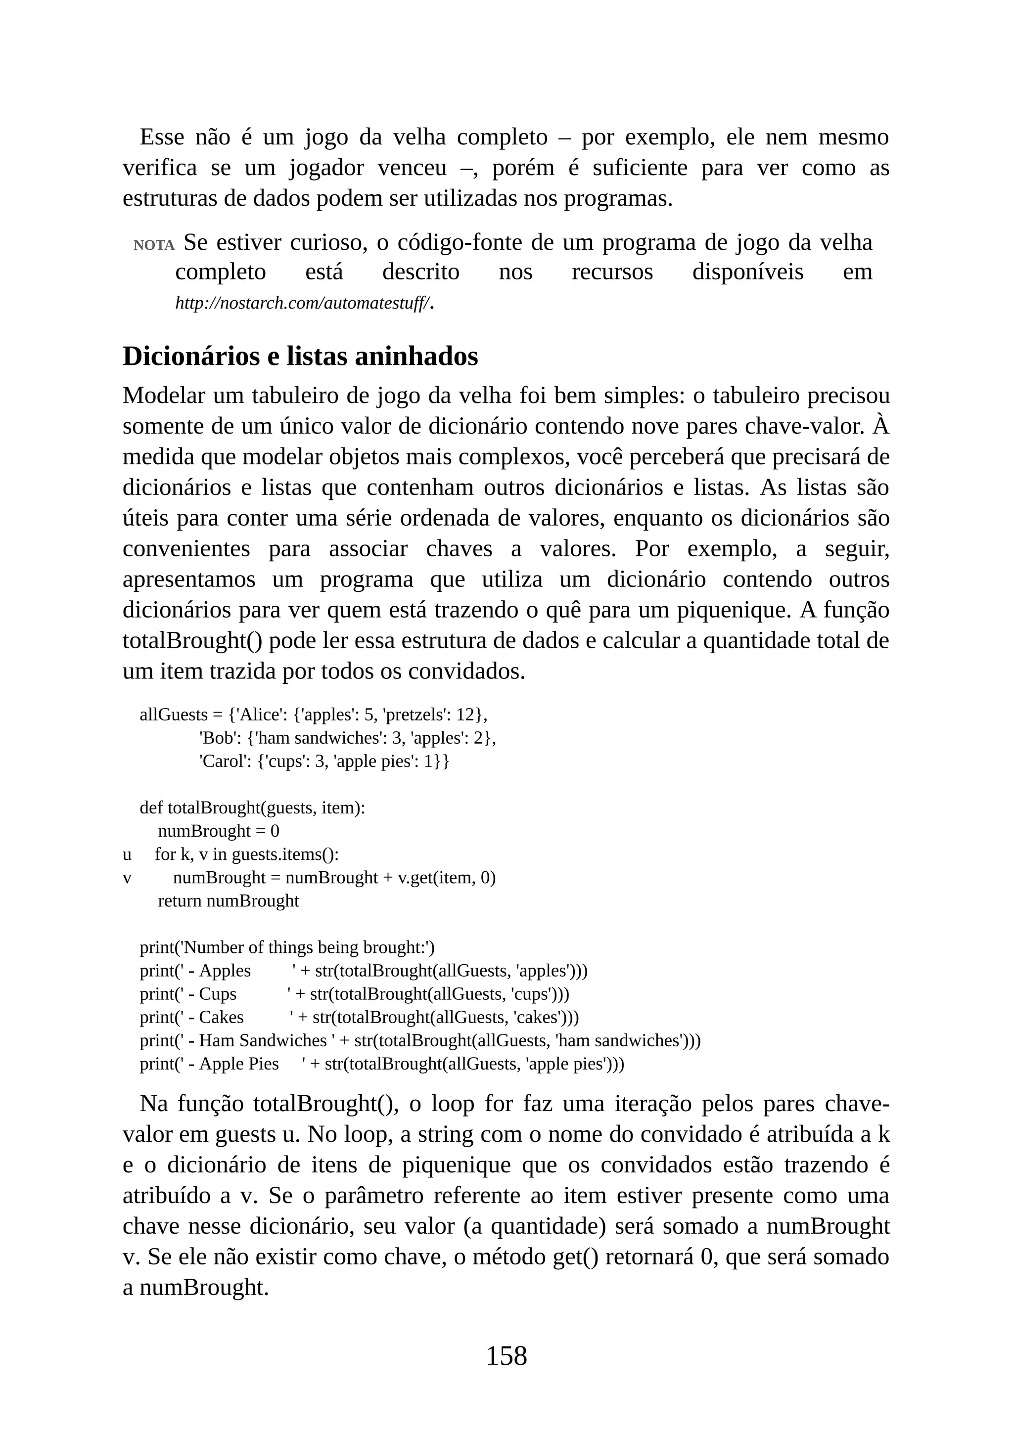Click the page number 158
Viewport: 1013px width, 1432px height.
tap(506, 1355)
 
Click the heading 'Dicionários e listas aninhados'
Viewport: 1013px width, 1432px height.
tap(300, 357)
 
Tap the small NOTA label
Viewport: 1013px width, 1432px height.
tap(153, 245)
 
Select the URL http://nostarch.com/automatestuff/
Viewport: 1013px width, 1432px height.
tap(303, 304)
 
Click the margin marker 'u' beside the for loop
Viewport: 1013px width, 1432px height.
tap(127, 854)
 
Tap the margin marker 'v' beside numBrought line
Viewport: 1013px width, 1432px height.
tap(127, 878)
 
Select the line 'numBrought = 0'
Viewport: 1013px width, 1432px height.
tap(218, 831)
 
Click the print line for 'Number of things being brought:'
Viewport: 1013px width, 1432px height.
tap(287, 948)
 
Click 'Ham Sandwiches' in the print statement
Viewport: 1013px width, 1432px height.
tap(263, 1041)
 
